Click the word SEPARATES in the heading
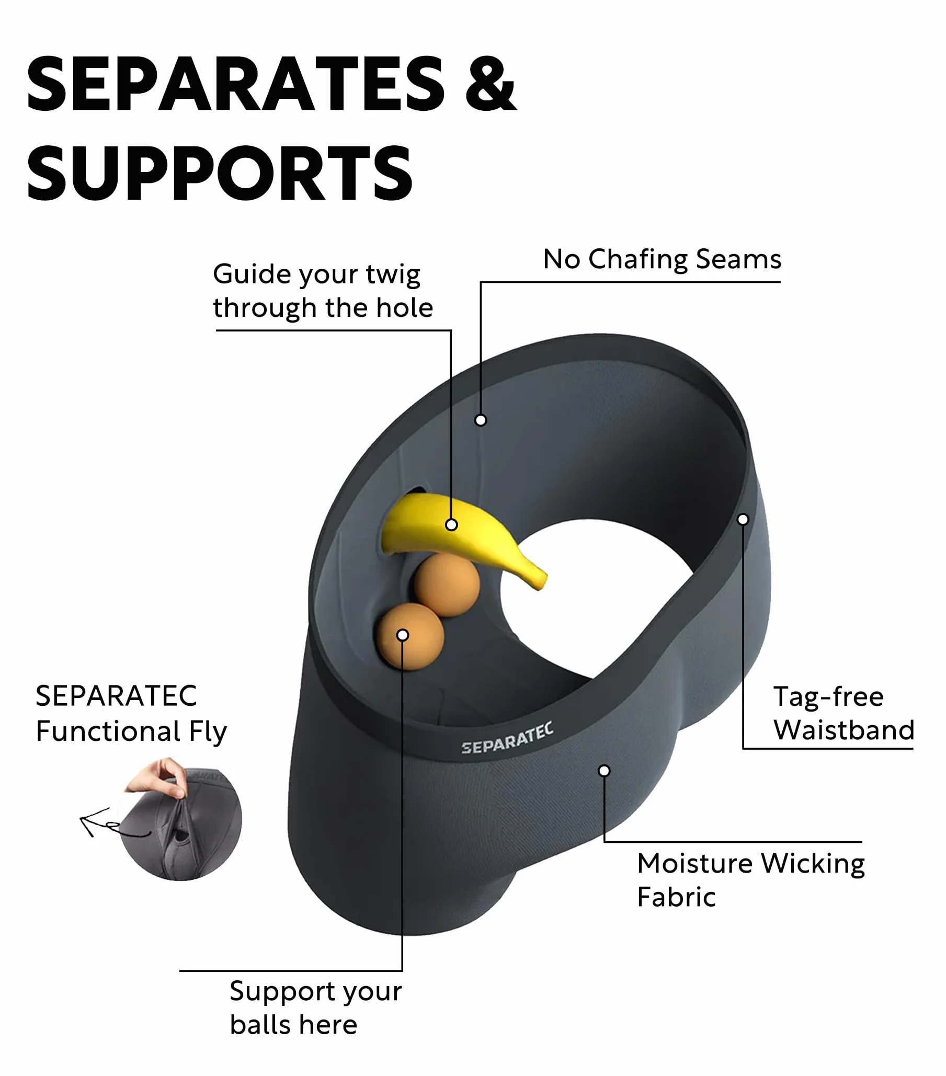pos(236,84)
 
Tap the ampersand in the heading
pos(491,84)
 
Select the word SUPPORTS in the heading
pos(220,174)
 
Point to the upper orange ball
pos(447,585)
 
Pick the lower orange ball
pos(410,636)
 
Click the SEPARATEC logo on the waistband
pos(507,739)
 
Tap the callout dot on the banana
pos(451,525)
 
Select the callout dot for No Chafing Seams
pos(481,420)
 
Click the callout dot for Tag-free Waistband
pos(743,520)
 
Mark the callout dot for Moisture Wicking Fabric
pos(605,771)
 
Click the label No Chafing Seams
pos(662,259)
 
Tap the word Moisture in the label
pos(695,864)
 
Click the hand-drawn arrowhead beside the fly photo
pos(88,822)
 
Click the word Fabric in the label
pos(677,898)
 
